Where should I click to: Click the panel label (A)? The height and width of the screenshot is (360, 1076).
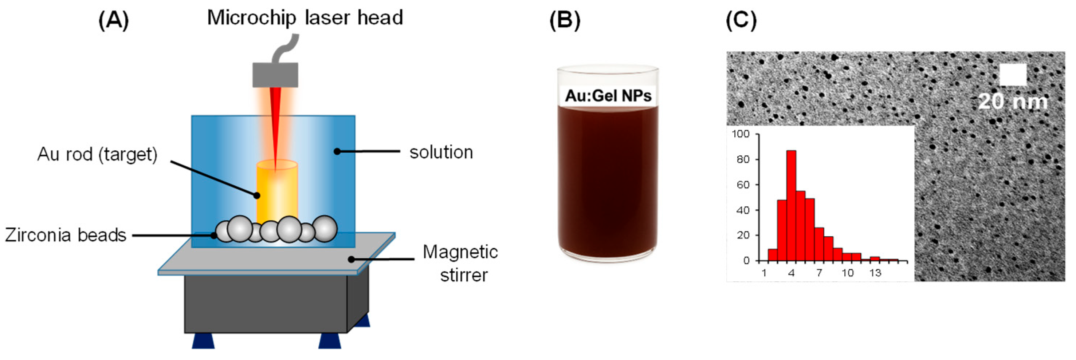tap(114, 20)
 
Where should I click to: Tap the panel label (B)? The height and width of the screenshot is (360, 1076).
tap(564, 20)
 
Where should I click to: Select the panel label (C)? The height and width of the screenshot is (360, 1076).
tap(741, 20)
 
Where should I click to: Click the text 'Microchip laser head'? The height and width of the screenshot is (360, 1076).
tap(305, 18)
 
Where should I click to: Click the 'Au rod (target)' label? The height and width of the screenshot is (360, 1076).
tap(97, 155)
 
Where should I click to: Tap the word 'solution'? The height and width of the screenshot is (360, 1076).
tap(441, 153)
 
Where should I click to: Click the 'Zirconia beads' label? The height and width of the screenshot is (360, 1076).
tap(66, 235)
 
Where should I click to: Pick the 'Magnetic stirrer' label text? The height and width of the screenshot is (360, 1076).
tap(461, 264)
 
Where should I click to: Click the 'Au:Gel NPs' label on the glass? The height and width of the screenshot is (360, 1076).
tap(608, 96)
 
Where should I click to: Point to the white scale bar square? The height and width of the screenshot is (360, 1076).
tap(1013, 75)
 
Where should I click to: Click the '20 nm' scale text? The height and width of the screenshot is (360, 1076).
tap(1013, 102)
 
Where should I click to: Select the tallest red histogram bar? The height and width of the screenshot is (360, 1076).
tap(791, 205)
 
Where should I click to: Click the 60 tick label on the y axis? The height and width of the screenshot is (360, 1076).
tap(743, 185)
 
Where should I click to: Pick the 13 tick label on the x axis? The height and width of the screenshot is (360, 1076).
tap(875, 273)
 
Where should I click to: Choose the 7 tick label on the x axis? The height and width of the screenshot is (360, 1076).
tap(819, 273)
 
